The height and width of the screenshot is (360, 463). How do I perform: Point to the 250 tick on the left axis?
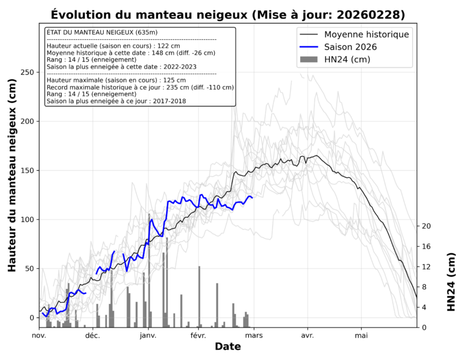pos(26,72)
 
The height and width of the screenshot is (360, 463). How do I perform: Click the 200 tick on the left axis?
pos(26,121)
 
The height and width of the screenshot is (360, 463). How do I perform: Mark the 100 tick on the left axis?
pos(26,219)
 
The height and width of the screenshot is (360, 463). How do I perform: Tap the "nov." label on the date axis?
pos(39,335)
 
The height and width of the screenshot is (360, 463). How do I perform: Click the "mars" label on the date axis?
pos(254,335)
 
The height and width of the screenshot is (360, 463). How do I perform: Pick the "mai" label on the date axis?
pos(362,335)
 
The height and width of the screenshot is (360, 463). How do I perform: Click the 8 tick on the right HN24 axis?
pos(424,287)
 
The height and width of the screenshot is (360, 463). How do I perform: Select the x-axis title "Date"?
pos(228,347)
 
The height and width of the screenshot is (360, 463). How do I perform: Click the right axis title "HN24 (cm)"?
pos(451,282)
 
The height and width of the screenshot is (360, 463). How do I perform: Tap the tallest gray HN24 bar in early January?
pos(149,271)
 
